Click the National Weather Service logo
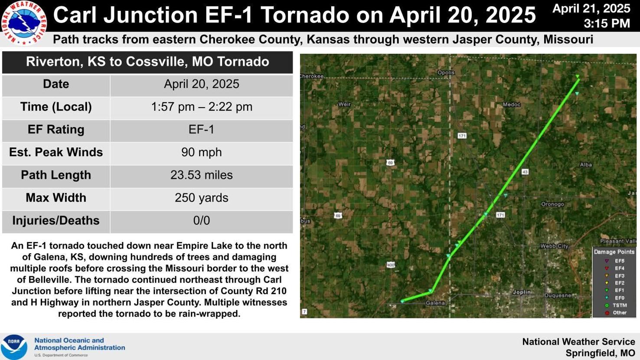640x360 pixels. coord(24,22)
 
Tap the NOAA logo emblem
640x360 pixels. coord(14,347)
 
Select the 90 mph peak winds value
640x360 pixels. coord(201,152)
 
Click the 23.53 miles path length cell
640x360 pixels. coord(201,175)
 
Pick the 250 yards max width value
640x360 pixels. coord(201,198)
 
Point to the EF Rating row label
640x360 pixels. coord(56,129)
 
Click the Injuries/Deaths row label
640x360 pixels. coord(56,220)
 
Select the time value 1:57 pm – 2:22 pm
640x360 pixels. coord(201,107)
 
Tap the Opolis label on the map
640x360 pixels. coord(446,72)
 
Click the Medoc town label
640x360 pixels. coord(512,105)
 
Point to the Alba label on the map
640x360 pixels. coord(586,164)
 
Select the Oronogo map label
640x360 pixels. coord(552,204)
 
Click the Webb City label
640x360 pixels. coord(554,246)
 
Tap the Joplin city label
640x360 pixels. coord(522,292)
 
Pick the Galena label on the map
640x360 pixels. coord(435,303)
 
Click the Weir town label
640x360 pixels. coord(344,104)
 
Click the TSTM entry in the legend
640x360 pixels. coord(620,305)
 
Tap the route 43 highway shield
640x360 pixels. coord(525,172)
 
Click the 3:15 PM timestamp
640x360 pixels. coord(607,23)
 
